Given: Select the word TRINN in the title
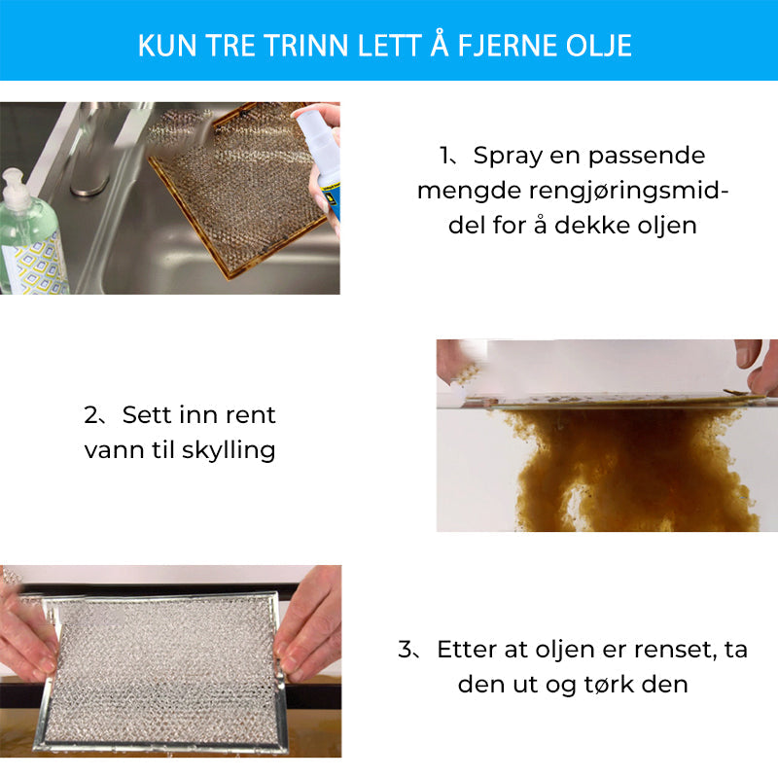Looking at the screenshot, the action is (x=306, y=46).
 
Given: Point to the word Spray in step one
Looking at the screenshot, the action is (x=508, y=157).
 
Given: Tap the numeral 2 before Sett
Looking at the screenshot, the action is (x=91, y=415).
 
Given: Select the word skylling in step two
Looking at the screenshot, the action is (x=229, y=451).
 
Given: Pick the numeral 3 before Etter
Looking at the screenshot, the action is (x=406, y=649).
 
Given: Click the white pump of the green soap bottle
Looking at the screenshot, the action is (x=15, y=190).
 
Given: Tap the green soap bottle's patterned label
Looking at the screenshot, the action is (x=36, y=265).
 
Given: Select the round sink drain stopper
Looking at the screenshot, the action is (x=89, y=185).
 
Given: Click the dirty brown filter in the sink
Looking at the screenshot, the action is (x=237, y=194).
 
